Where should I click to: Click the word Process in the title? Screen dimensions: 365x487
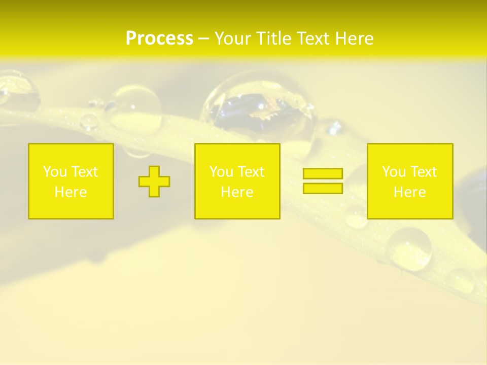click(159, 39)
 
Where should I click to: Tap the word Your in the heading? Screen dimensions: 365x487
click(233, 39)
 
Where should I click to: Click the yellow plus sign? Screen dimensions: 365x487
click(154, 181)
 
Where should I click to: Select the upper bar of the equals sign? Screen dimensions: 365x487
click(323, 173)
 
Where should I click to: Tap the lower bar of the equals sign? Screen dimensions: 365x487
click(323, 188)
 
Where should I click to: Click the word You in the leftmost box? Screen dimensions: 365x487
click(55, 172)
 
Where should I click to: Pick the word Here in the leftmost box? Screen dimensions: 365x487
click(71, 192)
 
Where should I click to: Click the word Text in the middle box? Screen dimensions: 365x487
click(251, 172)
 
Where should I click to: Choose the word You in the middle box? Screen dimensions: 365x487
click(221, 172)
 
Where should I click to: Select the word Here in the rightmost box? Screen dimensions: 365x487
click(409, 192)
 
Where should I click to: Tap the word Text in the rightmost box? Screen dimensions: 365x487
click(423, 172)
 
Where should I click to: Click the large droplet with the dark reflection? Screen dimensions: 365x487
click(259, 106)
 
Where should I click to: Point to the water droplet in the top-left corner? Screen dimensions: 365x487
click(18, 91)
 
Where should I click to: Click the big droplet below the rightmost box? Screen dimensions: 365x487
click(410, 248)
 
